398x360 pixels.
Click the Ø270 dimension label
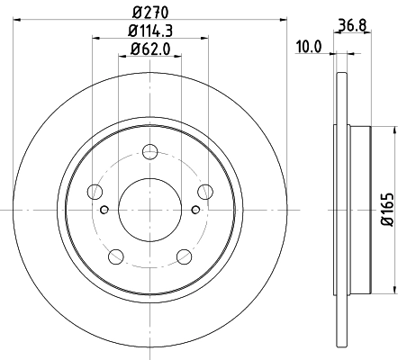pyautogui.click(x=149, y=13)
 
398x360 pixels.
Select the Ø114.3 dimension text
pyautogui.click(x=149, y=33)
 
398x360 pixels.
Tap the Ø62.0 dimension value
pyautogui.click(x=149, y=50)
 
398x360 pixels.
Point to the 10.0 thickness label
pyautogui.click(x=309, y=43)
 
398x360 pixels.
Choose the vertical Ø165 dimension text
pyautogui.click(x=387, y=208)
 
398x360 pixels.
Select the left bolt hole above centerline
pyautogui.click(x=93, y=190)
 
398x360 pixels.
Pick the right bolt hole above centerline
pyautogui.click(x=204, y=190)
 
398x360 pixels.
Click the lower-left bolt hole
pyautogui.click(x=114, y=256)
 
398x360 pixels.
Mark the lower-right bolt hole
pyautogui.click(x=183, y=256)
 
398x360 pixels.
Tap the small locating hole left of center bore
pyautogui.click(x=104, y=211)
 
